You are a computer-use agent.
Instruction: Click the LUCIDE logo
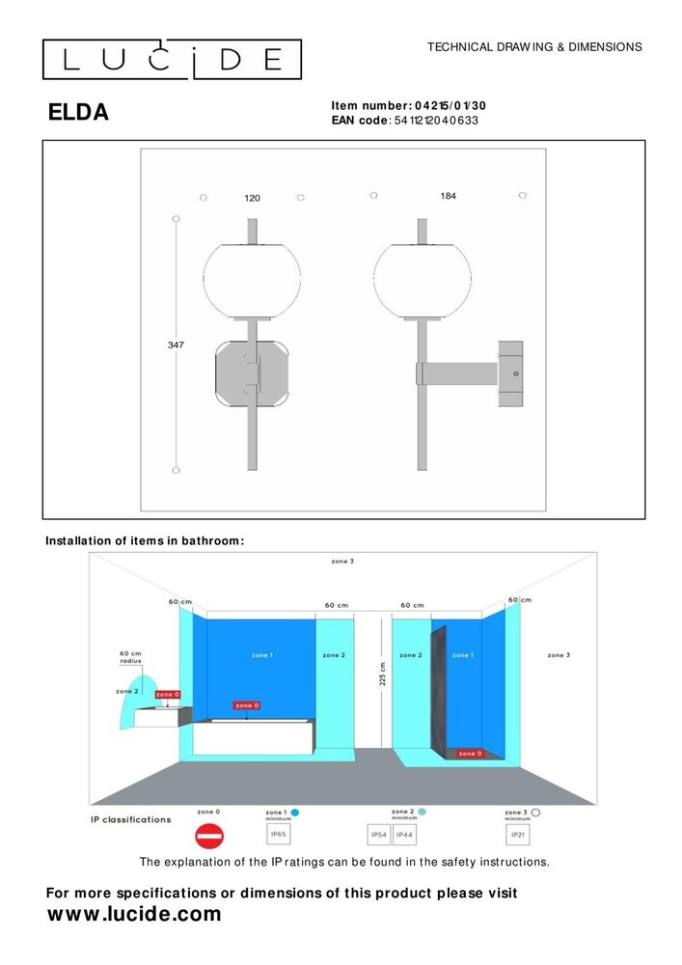[172, 60]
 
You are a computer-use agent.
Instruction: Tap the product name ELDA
[78, 113]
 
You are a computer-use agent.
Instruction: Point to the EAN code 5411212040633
[437, 121]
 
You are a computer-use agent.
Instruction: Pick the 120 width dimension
[252, 198]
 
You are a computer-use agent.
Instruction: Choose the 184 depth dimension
[448, 196]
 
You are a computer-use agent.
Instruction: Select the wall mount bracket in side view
[510, 373]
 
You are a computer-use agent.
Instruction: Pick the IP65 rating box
[279, 835]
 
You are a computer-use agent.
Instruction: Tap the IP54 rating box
[380, 835]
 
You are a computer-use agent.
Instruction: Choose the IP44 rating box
[405, 835]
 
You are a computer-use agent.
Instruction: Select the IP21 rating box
[518, 835]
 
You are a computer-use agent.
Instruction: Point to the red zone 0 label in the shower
[470, 753]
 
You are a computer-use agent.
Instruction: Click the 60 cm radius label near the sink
[130, 657]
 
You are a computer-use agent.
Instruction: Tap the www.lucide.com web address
[134, 914]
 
